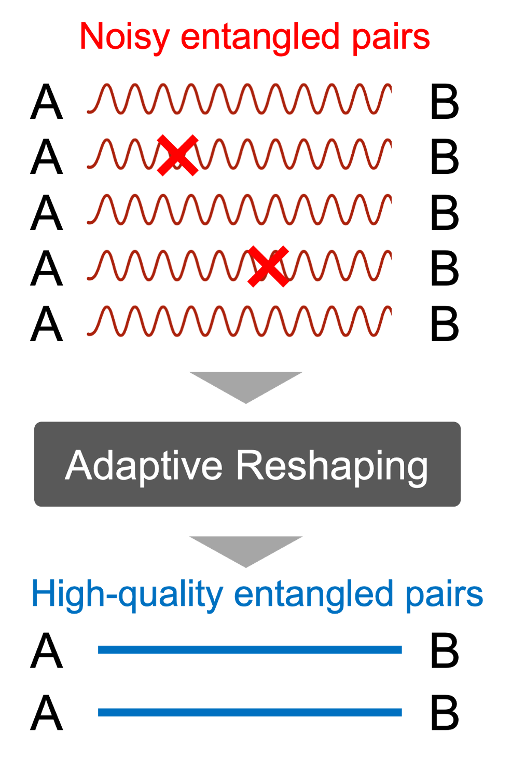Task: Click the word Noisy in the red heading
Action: [124, 37]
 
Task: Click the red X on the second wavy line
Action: [177, 155]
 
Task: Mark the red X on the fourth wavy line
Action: [268, 266]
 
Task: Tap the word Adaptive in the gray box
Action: [144, 465]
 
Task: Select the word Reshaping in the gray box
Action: [332, 466]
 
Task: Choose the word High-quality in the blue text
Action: [127, 595]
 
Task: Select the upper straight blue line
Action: [250, 649]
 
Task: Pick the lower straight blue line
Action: [250, 712]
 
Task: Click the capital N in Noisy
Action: [91, 37]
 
